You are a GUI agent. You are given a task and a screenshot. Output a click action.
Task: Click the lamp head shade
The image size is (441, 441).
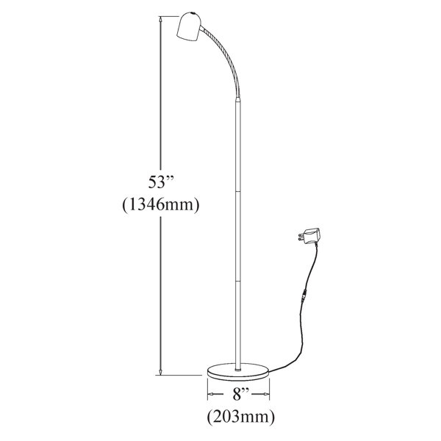click(188, 29)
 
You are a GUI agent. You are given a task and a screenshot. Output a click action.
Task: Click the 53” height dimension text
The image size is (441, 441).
click(160, 181)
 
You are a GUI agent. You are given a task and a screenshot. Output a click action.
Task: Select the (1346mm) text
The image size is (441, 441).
click(160, 205)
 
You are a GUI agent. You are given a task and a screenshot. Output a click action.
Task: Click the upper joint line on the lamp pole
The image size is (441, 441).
click(238, 190)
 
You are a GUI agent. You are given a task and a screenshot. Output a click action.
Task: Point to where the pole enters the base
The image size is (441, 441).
click(238, 363)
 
